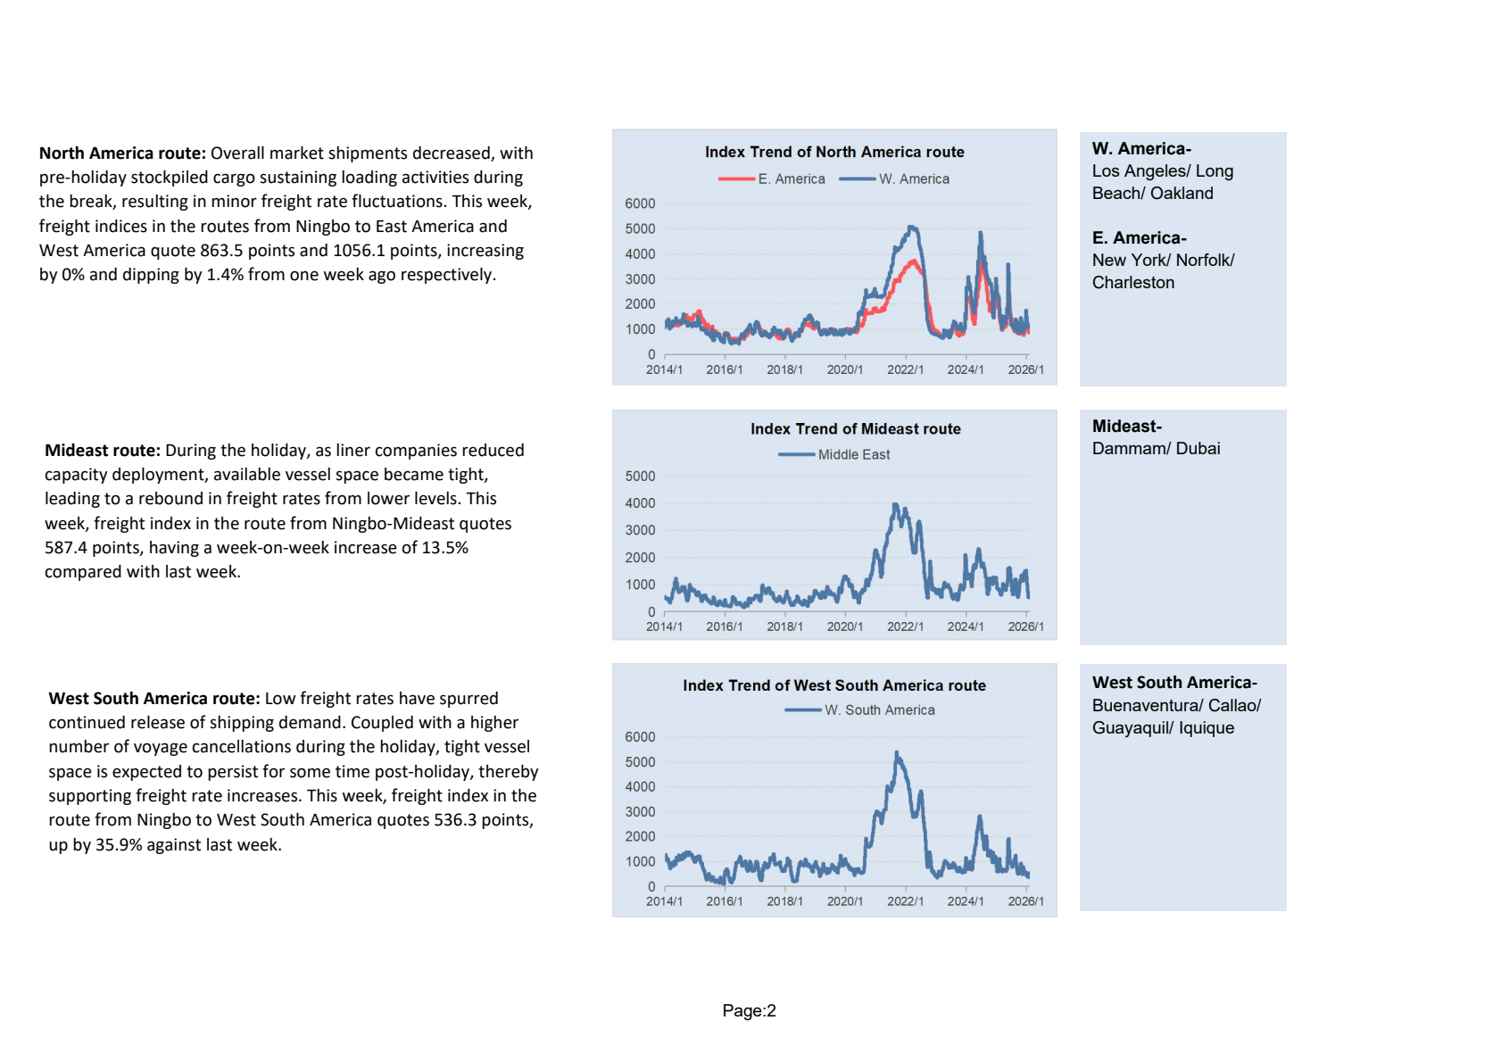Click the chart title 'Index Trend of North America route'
click(834, 152)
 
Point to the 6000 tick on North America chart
click(640, 203)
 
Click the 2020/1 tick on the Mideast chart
click(844, 626)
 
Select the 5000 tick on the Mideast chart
click(640, 477)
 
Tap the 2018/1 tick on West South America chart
click(784, 901)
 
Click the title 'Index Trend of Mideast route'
click(855, 428)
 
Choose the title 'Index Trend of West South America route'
click(834, 685)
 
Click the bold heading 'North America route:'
click(122, 153)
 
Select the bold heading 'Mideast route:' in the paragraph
click(103, 450)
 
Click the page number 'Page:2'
click(749, 1010)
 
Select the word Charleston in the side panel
click(1132, 282)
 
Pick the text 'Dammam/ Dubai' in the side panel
click(1156, 448)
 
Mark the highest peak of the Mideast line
click(895, 505)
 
